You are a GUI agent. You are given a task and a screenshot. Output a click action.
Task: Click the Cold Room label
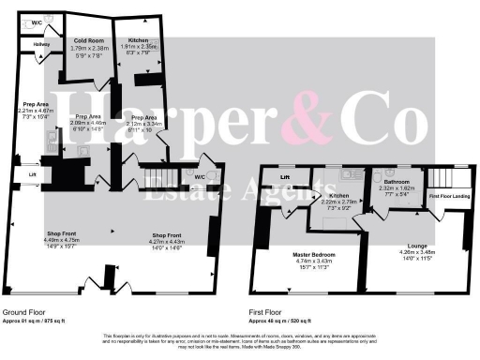tap(88, 41)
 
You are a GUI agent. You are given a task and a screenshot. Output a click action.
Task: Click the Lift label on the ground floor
tap(32, 174)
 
